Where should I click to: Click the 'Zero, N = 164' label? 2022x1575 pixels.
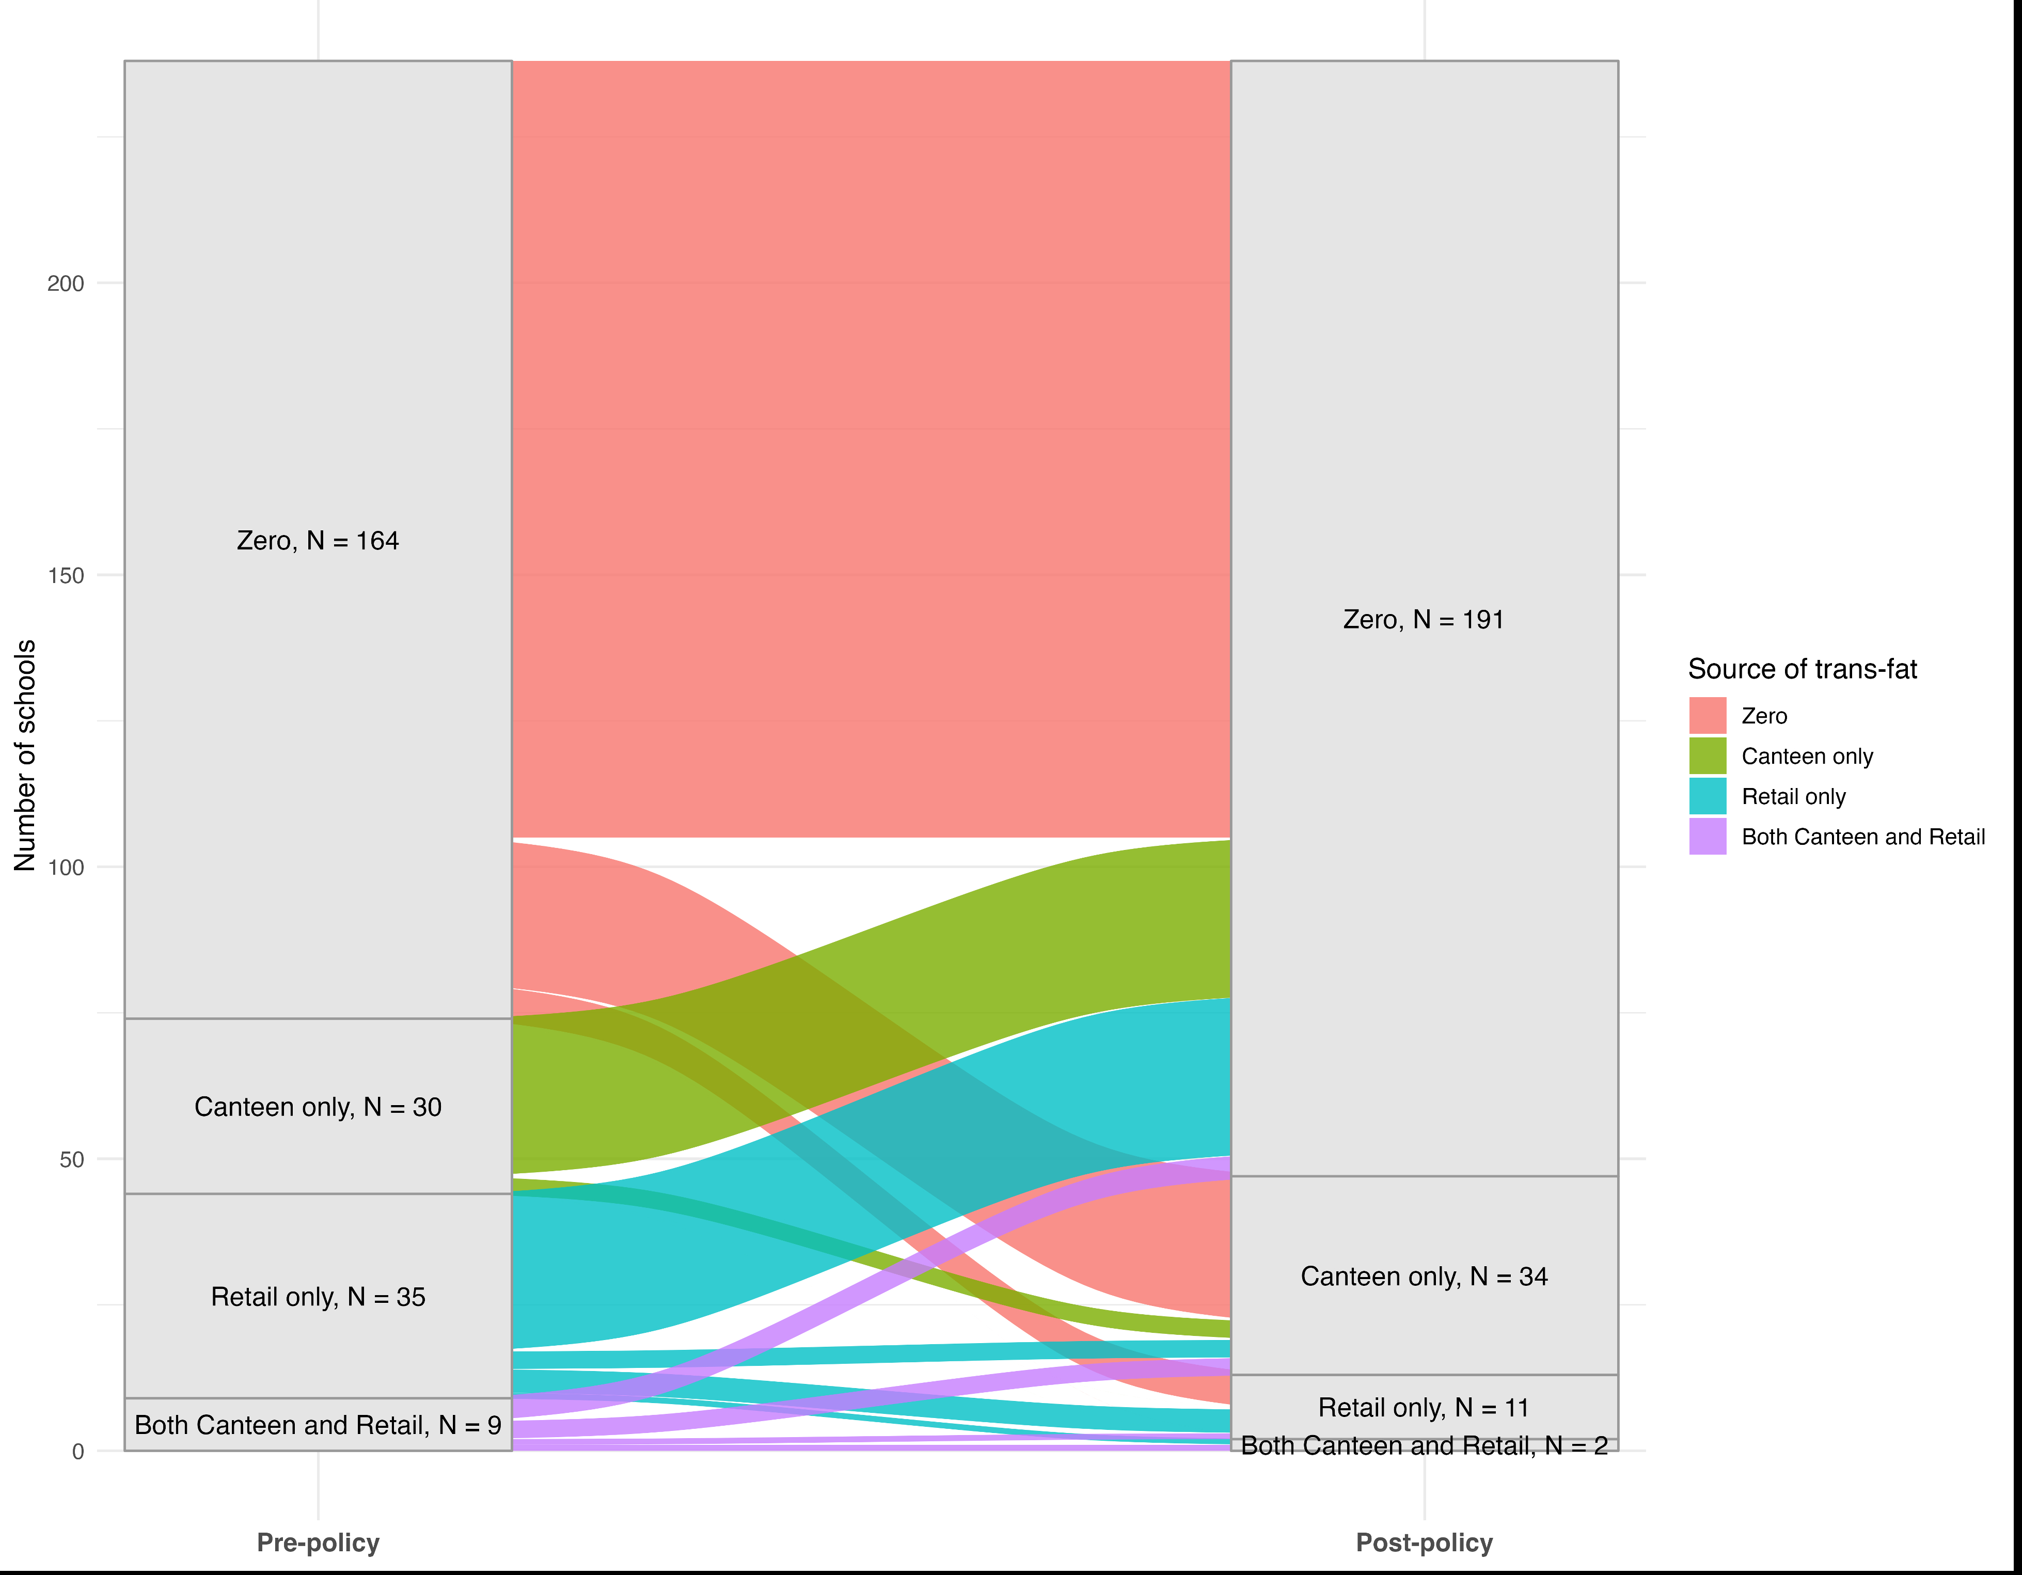pyautogui.click(x=318, y=541)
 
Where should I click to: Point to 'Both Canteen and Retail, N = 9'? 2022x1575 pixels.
pyautogui.click(x=318, y=1425)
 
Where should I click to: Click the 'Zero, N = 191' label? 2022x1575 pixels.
pyautogui.click(x=1423, y=620)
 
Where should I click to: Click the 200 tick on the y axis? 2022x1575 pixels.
pyautogui.click(x=65, y=283)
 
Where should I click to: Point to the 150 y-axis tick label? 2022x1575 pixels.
pyautogui.click(x=65, y=575)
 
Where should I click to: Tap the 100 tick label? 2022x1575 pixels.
pyautogui.click(x=65, y=868)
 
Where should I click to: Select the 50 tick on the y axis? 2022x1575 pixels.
pyautogui.click(x=71, y=1159)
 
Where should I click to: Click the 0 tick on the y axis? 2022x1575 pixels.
pyautogui.click(x=78, y=1452)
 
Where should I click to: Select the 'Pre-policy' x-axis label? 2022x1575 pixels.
pyautogui.click(x=318, y=1542)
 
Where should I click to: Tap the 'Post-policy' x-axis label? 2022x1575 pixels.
pyautogui.click(x=1423, y=1542)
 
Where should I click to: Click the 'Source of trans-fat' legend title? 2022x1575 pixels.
pyautogui.click(x=1802, y=669)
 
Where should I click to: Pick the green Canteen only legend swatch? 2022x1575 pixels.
pyautogui.click(x=1707, y=755)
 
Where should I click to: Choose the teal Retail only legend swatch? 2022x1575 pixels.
pyautogui.click(x=1707, y=796)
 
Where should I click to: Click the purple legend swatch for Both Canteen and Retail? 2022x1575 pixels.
pyautogui.click(x=1707, y=836)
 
